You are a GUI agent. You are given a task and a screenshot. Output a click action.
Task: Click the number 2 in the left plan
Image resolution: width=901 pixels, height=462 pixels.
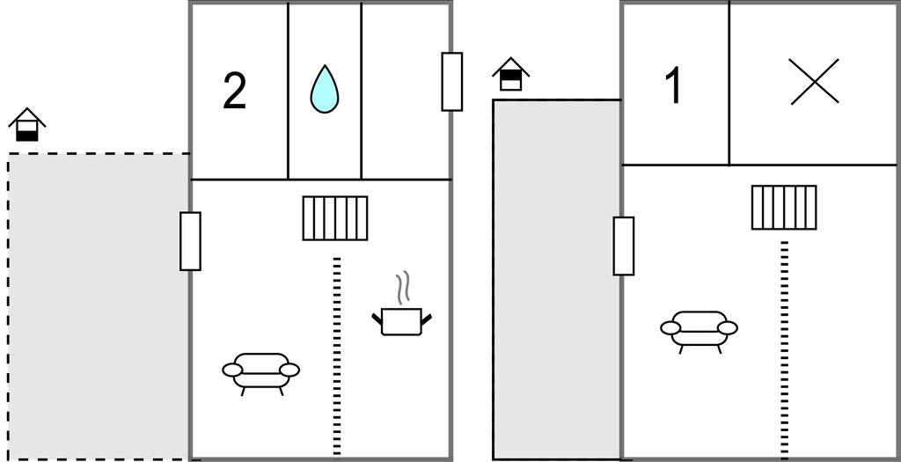[x=234, y=92]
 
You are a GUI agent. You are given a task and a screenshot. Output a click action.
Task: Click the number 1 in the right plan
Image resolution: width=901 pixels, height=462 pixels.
[x=674, y=86]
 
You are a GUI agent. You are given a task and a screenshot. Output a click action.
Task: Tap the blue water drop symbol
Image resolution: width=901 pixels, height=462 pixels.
[x=324, y=89]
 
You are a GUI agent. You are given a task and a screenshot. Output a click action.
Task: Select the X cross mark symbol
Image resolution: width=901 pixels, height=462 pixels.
[x=814, y=82]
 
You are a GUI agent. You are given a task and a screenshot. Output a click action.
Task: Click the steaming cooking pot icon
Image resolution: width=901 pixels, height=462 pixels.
[x=403, y=320]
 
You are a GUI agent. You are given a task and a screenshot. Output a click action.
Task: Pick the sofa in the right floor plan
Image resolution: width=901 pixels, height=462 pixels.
[x=699, y=329]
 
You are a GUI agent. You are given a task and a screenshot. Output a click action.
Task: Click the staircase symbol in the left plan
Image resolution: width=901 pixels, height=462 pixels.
[x=335, y=218]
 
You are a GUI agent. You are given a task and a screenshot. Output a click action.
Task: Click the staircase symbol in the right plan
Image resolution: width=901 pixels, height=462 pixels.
[x=784, y=207]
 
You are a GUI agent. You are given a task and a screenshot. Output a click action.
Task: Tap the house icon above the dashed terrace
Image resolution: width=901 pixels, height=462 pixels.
[x=27, y=126]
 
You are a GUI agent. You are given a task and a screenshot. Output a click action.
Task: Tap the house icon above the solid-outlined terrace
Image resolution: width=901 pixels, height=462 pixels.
[x=510, y=75]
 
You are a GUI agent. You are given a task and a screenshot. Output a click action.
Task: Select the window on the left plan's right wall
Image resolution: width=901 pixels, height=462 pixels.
[x=452, y=81]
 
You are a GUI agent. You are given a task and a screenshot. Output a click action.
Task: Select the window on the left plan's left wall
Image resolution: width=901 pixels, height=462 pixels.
[x=190, y=241]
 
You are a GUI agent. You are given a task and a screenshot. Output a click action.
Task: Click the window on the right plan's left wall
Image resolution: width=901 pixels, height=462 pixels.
[x=623, y=246]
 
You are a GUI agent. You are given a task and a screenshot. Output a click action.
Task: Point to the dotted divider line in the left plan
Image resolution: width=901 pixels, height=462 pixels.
[x=336, y=356]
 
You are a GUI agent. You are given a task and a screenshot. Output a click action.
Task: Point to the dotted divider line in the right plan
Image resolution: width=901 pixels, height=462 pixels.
[x=784, y=348]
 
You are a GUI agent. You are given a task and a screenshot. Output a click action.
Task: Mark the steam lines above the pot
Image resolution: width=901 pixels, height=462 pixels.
[x=403, y=287]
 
